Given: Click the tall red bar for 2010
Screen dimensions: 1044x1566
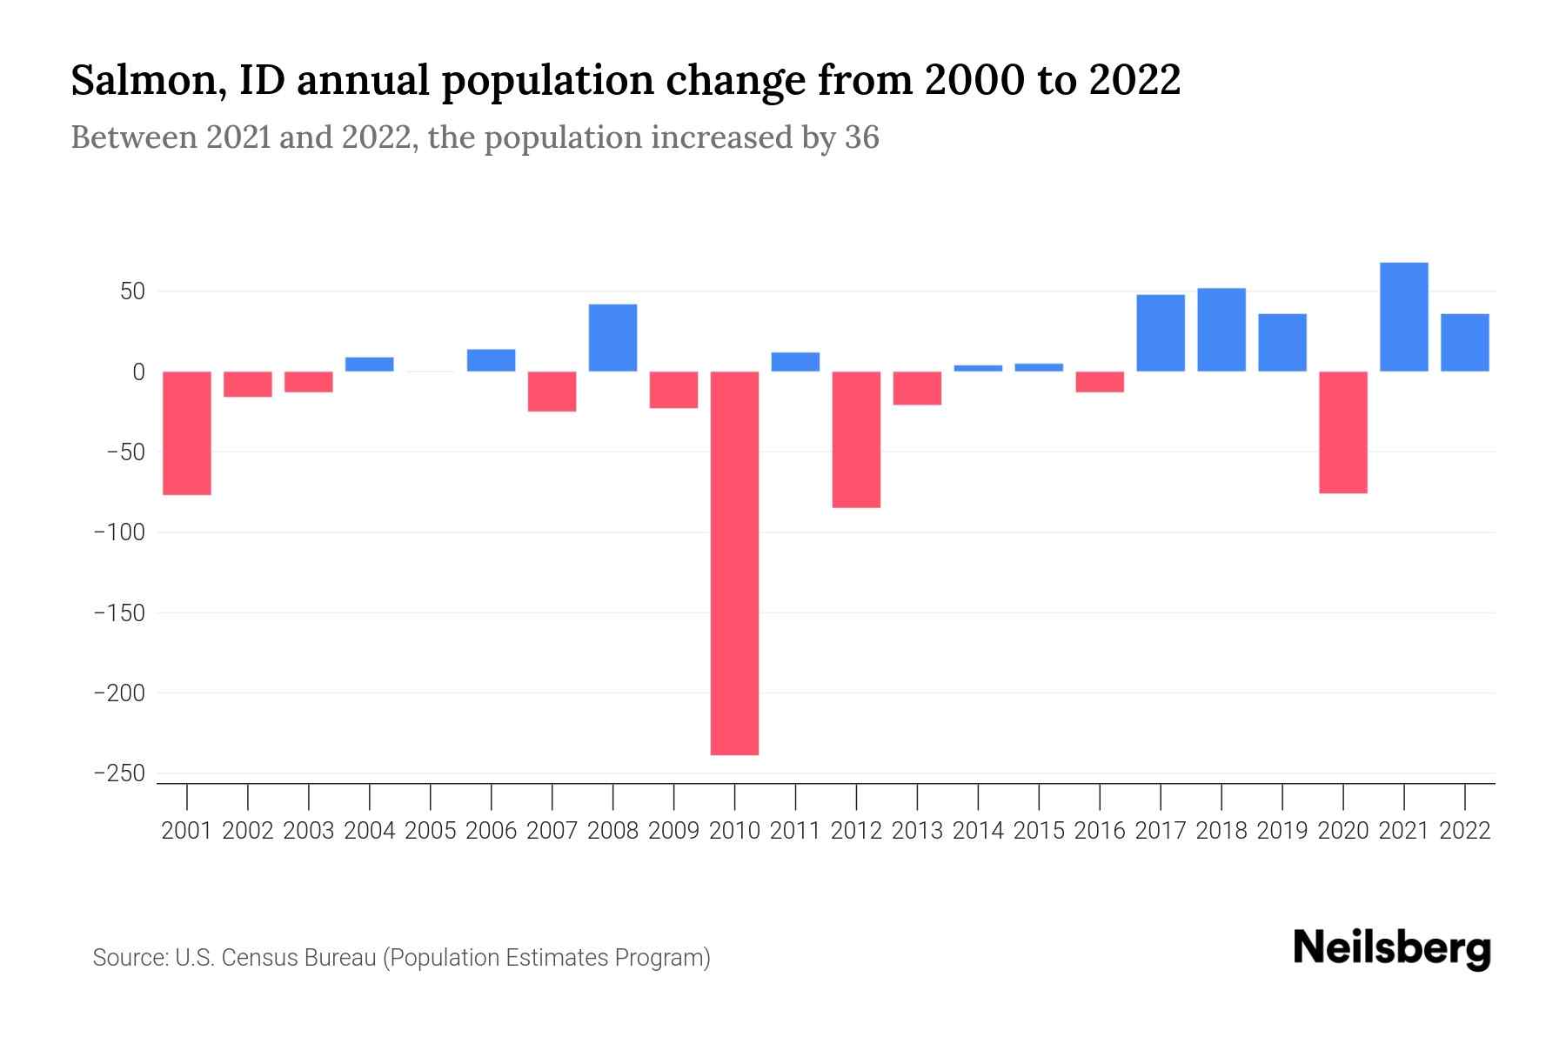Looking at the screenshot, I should (734, 563).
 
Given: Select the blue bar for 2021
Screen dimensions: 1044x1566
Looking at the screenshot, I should (1403, 317).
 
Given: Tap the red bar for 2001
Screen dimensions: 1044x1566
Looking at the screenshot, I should (187, 432).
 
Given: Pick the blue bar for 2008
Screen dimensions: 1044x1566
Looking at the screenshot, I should (612, 338).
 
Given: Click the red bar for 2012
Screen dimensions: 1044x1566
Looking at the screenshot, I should (856, 439).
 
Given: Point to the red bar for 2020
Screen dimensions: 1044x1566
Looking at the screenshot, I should (1342, 432).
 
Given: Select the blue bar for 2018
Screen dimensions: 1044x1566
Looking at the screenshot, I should (1221, 330).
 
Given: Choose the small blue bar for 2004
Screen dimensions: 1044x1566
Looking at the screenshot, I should (370, 365).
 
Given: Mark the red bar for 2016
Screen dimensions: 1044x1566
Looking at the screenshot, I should (1100, 382).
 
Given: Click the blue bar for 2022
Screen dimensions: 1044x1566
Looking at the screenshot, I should (1464, 343).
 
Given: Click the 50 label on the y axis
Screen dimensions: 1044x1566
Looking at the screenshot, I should (132, 291).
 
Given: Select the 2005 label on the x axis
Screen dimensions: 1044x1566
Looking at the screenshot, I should (431, 831).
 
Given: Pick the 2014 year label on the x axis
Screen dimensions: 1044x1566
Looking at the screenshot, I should (978, 831).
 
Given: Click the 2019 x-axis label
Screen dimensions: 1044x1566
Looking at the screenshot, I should (1282, 831).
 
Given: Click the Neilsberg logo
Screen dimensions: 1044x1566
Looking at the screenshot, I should (1391, 948).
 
